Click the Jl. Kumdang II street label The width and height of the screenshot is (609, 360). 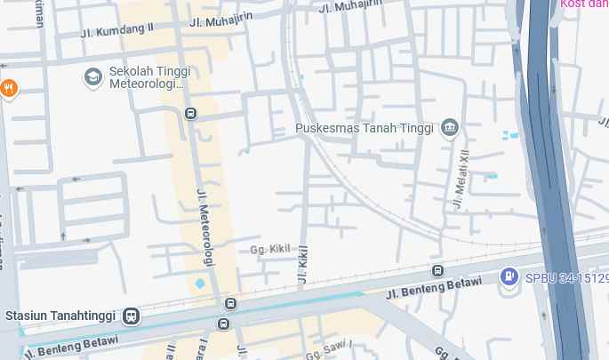point(116,30)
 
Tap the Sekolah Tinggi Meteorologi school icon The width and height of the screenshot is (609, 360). point(92,77)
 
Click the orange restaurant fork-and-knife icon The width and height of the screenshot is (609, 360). point(9,88)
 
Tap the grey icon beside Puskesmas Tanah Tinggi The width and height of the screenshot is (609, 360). point(450,128)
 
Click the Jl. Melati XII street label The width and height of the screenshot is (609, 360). point(461,179)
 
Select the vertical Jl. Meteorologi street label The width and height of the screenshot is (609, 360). point(205,228)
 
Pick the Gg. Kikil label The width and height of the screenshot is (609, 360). point(270,250)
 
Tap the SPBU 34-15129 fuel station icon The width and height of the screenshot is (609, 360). point(509,277)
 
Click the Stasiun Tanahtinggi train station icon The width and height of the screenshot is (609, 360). point(132,316)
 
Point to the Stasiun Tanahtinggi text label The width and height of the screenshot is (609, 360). point(62,316)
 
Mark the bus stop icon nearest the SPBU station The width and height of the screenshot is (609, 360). point(437,271)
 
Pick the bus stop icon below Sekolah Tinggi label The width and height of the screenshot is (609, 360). point(190,114)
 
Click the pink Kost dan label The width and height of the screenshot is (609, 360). point(584,4)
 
